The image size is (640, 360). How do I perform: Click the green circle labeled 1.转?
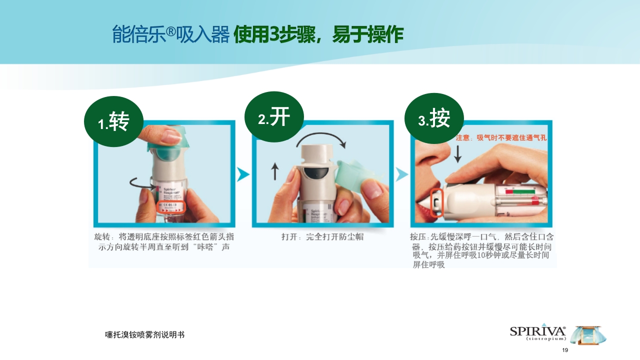[113, 121]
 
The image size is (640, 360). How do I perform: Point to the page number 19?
[565, 350]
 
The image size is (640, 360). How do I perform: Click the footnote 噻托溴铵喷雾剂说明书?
[144, 334]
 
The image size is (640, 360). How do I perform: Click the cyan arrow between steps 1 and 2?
[243, 174]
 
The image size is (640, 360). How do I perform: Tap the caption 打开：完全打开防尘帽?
[322, 237]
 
